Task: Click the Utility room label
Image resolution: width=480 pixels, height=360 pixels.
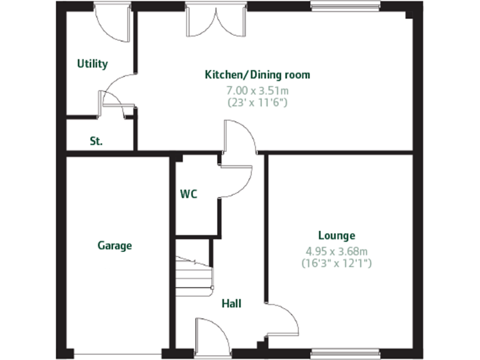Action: (x=92, y=64)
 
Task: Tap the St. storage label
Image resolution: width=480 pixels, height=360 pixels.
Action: (x=96, y=141)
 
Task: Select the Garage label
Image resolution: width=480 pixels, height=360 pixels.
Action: (x=115, y=246)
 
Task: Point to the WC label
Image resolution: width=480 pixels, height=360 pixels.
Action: (x=188, y=194)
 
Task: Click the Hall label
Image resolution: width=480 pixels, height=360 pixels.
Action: (x=231, y=304)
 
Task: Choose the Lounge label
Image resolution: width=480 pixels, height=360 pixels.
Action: (x=336, y=236)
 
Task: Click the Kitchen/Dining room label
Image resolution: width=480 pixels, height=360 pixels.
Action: (x=257, y=75)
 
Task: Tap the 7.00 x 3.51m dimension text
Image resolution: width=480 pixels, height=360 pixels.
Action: (x=257, y=90)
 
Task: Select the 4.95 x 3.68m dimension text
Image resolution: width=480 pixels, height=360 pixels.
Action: (x=336, y=251)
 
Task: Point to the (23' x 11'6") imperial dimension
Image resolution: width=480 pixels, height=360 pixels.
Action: (x=257, y=102)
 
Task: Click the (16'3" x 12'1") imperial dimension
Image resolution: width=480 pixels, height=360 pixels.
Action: (x=336, y=263)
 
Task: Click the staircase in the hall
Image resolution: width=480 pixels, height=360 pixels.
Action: (x=194, y=272)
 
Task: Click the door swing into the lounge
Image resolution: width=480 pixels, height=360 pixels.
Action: (x=282, y=318)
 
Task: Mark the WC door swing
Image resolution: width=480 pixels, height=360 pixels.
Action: (x=235, y=181)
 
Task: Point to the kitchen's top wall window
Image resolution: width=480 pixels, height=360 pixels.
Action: (x=345, y=6)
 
